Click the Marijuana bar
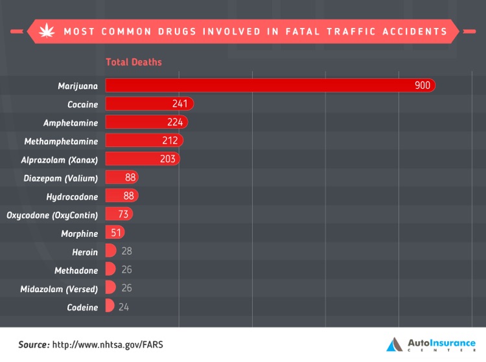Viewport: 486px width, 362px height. tap(259, 85)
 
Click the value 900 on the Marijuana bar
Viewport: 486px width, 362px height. tap(422, 85)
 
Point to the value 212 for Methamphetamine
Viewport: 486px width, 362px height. tap(170, 141)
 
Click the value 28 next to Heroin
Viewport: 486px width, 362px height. tap(126, 251)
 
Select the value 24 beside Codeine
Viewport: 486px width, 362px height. tap(124, 307)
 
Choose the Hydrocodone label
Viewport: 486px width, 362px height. tap(72, 196)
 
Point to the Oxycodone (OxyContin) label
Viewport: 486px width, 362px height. tap(52, 215)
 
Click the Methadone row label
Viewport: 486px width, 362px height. tap(76, 270)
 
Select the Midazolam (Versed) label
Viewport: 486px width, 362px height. tap(59, 289)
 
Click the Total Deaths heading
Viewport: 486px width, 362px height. tap(133, 62)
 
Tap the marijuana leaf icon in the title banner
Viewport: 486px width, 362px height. tap(47, 30)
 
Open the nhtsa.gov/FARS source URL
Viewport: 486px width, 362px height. tap(108, 345)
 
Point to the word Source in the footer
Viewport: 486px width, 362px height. tap(33, 345)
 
